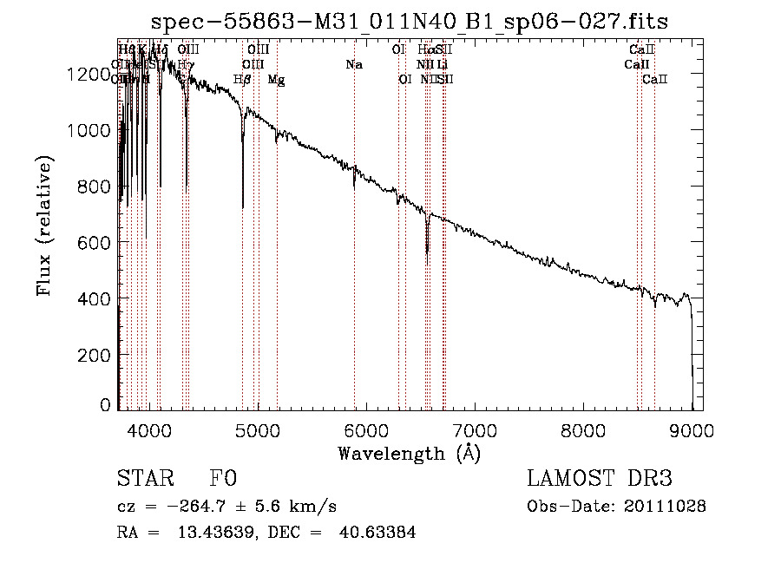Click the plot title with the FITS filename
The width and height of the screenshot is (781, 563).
[x=410, y=21]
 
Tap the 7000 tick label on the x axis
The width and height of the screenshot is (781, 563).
[x=475, y=429]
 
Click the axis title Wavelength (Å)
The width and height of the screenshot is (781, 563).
[x=410, y=453]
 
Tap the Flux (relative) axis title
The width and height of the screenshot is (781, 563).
[x=44, y=226]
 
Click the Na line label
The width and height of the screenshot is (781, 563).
[x=354, y=64]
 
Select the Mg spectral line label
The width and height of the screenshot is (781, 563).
[x=276, y=80]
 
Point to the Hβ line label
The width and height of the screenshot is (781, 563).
[x=242, y=80]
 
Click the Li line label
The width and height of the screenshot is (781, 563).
[x=443, y=64]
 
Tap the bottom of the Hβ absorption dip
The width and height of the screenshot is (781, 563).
[x=242, y=206]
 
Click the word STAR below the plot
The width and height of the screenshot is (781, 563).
[x=144, y=479]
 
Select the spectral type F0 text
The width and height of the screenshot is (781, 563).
[x=223, y=479]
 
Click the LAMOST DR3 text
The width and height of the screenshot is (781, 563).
[x=600, y=479]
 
